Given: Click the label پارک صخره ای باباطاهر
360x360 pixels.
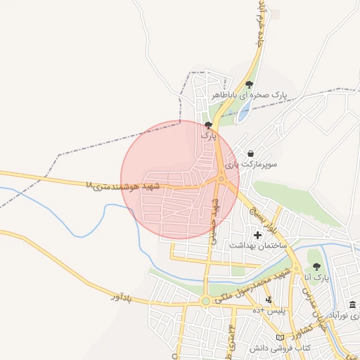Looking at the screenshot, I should pos(250,95).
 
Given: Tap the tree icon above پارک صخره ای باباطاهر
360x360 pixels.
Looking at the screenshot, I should pos(249,85).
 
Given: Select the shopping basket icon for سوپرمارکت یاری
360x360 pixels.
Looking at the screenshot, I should pos(251,153).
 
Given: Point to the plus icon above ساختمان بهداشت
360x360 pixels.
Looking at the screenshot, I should pos(257,234).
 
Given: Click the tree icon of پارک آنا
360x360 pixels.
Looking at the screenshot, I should pos(316,266).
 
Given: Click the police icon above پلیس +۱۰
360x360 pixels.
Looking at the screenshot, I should pos(268,300).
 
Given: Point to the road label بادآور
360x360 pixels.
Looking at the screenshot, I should pos(120,296).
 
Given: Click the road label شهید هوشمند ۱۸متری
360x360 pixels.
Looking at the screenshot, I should pos(122,186).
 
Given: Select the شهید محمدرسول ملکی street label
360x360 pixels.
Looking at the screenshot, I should pos(253,285).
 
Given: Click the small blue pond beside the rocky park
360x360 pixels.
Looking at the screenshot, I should pos(243,113).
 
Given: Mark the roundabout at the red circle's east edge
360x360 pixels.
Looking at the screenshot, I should pos(222,179).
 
